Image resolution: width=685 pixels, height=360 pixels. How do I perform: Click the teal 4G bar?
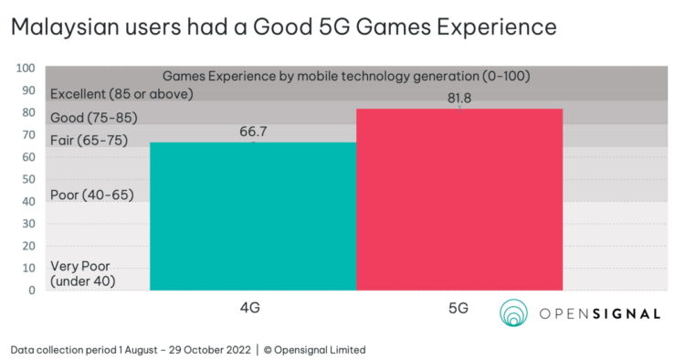[253, 217]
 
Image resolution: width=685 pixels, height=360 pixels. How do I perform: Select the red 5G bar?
[458, 199]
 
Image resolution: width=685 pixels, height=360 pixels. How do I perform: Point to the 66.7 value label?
[253, 132]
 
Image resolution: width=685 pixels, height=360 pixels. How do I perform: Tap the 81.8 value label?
[458, 98]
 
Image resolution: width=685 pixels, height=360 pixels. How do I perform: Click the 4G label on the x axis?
[249, 308]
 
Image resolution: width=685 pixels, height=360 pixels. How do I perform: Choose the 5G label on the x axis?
[457, 308]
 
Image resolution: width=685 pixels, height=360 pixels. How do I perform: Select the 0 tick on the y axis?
[31, 291]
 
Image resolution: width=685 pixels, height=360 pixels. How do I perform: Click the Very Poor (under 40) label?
[82, 273]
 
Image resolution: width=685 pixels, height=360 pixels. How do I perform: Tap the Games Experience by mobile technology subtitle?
[346, 76]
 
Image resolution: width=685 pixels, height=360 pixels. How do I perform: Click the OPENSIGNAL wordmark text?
[599, 313]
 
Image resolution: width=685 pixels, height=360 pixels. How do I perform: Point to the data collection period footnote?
[187, 349]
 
